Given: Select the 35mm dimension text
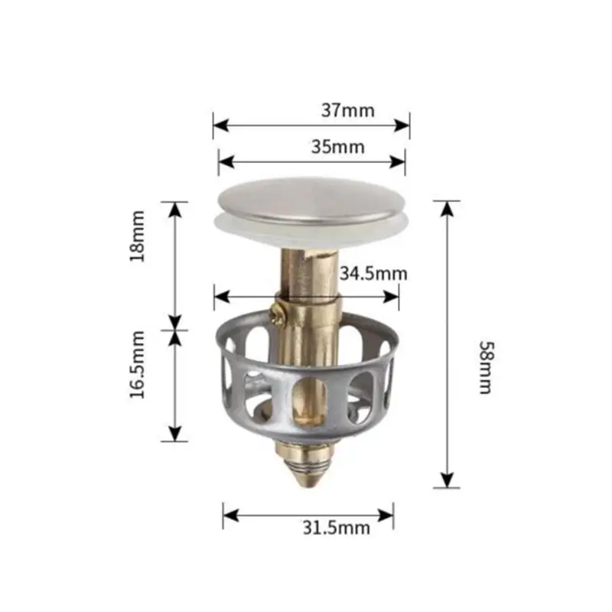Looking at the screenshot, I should [337, 147].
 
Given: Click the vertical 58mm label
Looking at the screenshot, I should [484, 367].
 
